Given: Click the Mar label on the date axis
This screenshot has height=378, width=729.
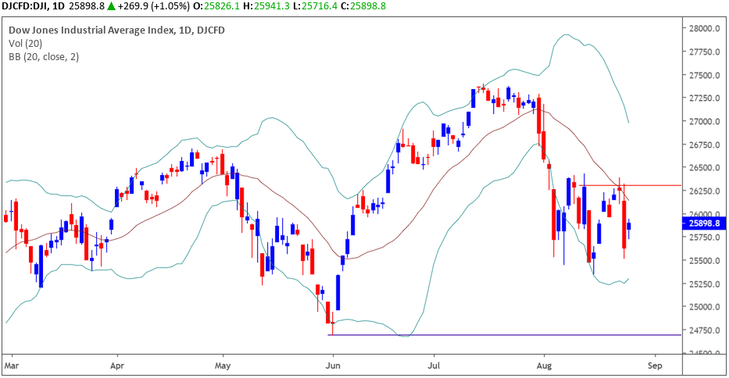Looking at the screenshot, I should tap(11, 365).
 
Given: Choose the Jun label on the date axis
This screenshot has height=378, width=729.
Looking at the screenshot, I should tap(334, 365).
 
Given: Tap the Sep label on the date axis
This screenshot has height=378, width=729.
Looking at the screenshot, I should tap(656, 365).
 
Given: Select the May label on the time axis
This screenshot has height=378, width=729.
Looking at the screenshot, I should tap(223, 365).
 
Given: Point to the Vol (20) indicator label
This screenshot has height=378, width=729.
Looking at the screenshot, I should tap(25, 44).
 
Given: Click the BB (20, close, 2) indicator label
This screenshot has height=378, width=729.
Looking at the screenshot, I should tap(44, 56).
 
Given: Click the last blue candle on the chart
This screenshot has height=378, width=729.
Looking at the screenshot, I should tap(629, 226).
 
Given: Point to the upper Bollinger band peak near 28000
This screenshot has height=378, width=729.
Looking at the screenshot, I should tap(564, 35).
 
